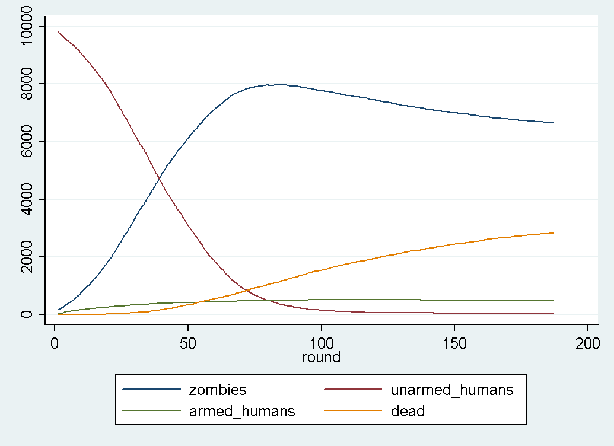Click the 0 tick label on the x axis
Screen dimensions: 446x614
pos(55,342)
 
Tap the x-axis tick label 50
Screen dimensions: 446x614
pos(188,342)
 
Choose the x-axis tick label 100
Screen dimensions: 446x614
pos(321,342)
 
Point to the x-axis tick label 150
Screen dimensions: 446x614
pos(454,342)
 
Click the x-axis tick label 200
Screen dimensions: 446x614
pos(587,342)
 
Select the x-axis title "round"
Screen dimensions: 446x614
pos(321,357)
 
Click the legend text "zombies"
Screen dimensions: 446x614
pos(217,390)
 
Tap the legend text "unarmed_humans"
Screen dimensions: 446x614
pos(452,390)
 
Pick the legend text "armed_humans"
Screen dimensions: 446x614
pos(241,410)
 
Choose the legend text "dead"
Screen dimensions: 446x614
pos(408,410)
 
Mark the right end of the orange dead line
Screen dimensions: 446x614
pos(553,233)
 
